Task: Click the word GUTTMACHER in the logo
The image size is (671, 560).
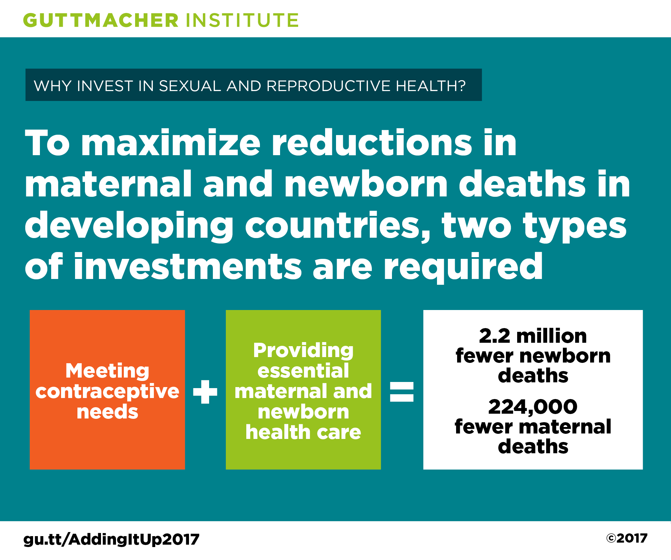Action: pos(101,20)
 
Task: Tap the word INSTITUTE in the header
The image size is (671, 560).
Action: pos(242,20)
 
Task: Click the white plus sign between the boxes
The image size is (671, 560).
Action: pos(205,392)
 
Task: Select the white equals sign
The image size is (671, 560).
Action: pos(402,392)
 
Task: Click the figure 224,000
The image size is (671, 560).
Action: pos(533,407)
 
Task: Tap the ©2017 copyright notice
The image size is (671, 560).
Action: pos(627,538)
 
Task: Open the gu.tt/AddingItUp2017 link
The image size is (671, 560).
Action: pos(111,540)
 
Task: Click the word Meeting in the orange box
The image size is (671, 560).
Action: pos(107,371)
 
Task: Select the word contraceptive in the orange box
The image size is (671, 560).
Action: pos(107,392)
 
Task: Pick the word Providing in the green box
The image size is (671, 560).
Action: pos(303,351)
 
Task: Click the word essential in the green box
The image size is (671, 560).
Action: pos(303,371)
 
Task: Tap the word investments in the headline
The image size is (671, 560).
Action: pos(188,266)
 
